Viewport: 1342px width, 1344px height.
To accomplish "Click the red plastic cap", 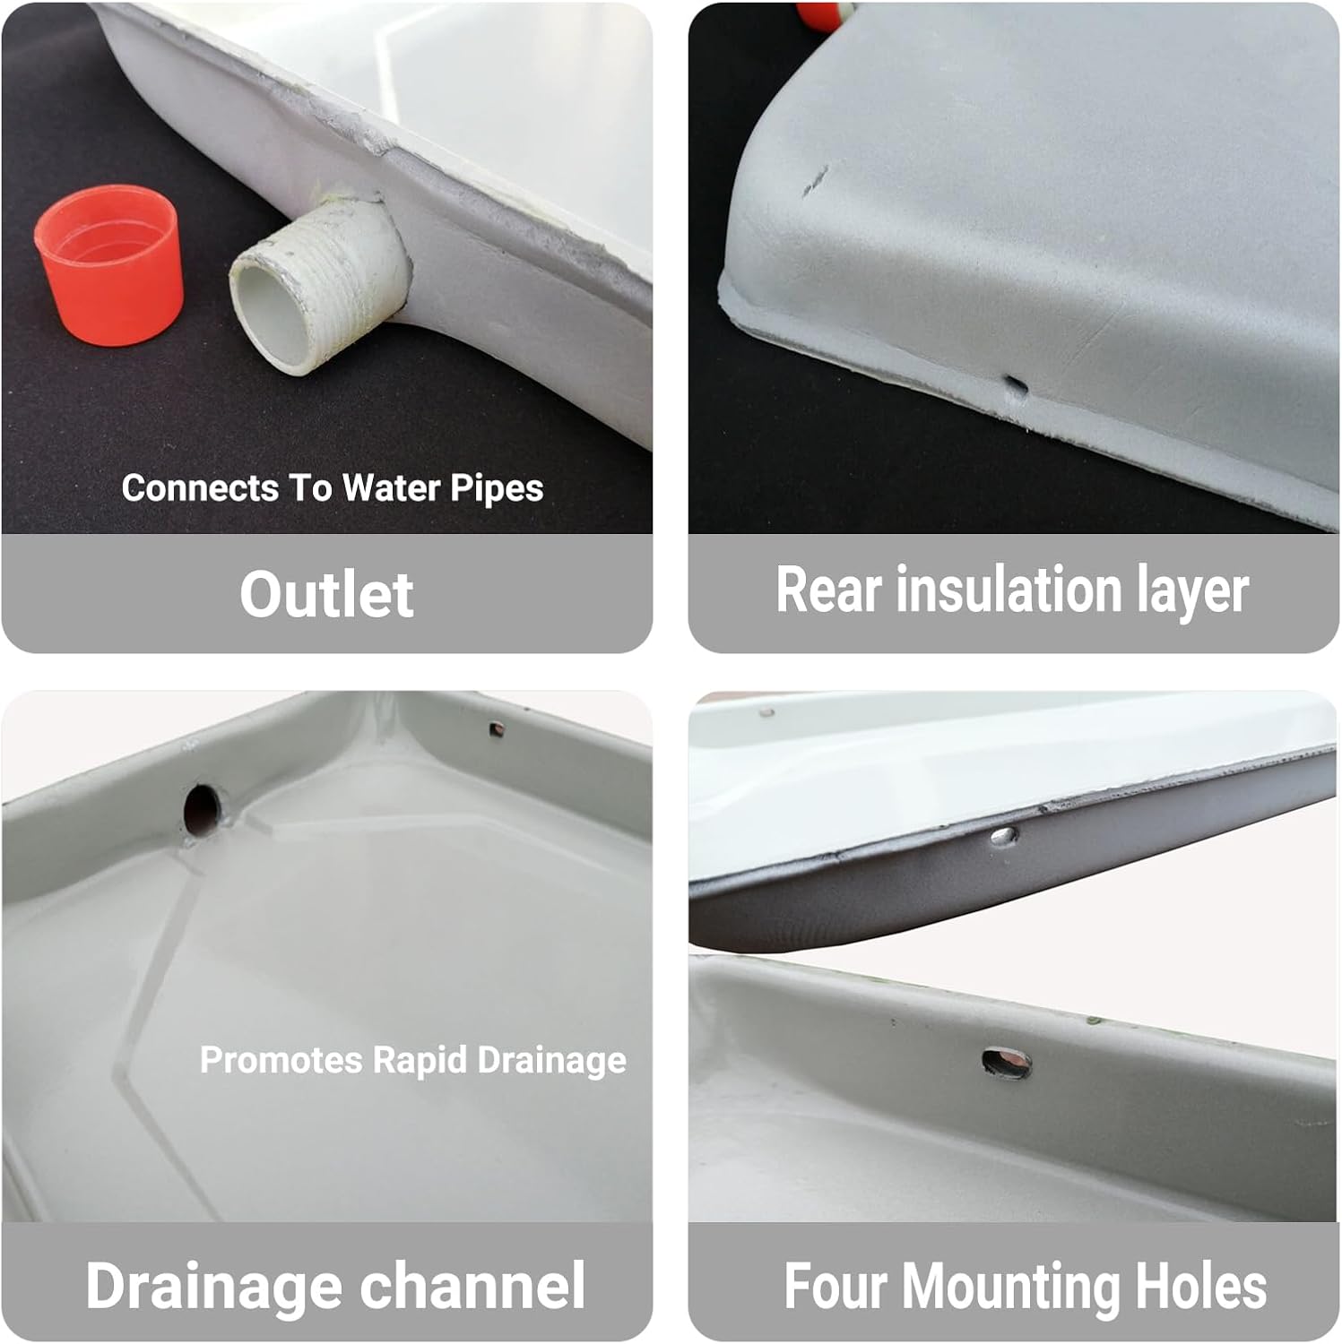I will click(x=109, y=264).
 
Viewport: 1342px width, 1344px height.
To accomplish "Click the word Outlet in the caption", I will click(x=326, y=594).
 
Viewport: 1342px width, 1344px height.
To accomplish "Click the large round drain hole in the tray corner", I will click(x=202, y=808).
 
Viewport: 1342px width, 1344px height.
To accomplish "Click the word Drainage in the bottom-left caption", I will click(x=214, y=1286).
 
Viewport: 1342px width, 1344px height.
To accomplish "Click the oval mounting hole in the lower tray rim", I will click(x=1007, y=1064).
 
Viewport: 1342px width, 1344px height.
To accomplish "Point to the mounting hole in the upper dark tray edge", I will click(x=1002, y=837).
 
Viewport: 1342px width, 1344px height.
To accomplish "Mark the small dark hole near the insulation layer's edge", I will click(x=1016, y=386).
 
